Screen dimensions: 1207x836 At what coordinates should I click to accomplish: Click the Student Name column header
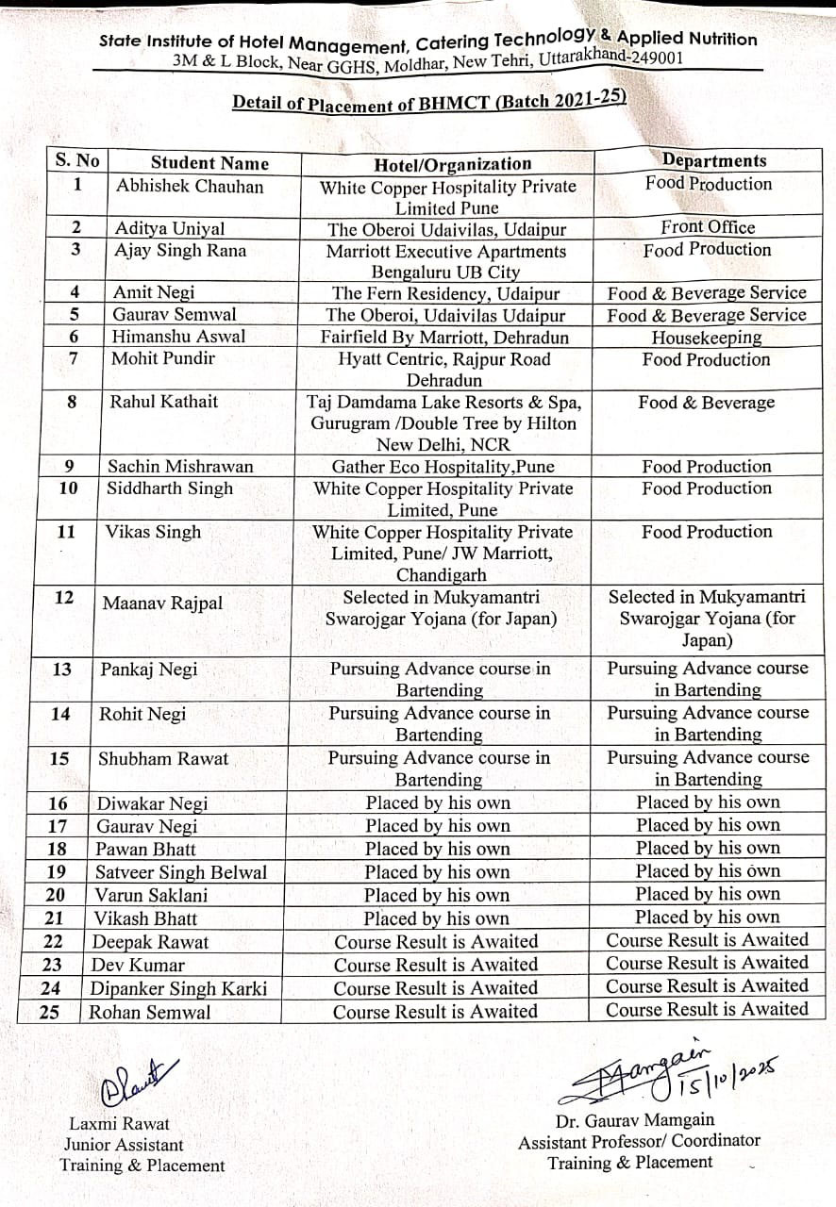tap(209, 163)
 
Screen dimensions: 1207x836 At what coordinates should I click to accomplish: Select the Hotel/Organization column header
tap(453, 164)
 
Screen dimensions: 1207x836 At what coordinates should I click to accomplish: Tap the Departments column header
tap(713, 160)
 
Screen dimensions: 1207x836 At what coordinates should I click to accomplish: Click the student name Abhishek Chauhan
tap(190, 186)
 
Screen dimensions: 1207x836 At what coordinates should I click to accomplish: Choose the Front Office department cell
tap(708, 227)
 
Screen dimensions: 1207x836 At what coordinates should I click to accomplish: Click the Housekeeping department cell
tap(707, 338)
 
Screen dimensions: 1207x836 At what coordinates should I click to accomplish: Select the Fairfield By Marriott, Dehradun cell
tap(444, 337)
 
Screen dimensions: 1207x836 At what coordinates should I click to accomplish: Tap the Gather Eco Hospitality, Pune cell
tap(443, 466)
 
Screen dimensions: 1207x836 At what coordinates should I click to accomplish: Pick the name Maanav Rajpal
tap(163, 603)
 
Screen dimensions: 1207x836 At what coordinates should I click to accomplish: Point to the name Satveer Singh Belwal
tap(181, 872)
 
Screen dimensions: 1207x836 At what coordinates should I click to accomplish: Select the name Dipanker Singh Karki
tap(178, 988)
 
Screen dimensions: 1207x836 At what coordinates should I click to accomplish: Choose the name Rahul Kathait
tap(163, 402)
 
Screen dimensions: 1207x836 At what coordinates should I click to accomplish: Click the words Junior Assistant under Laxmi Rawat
tap(124, 1144)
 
